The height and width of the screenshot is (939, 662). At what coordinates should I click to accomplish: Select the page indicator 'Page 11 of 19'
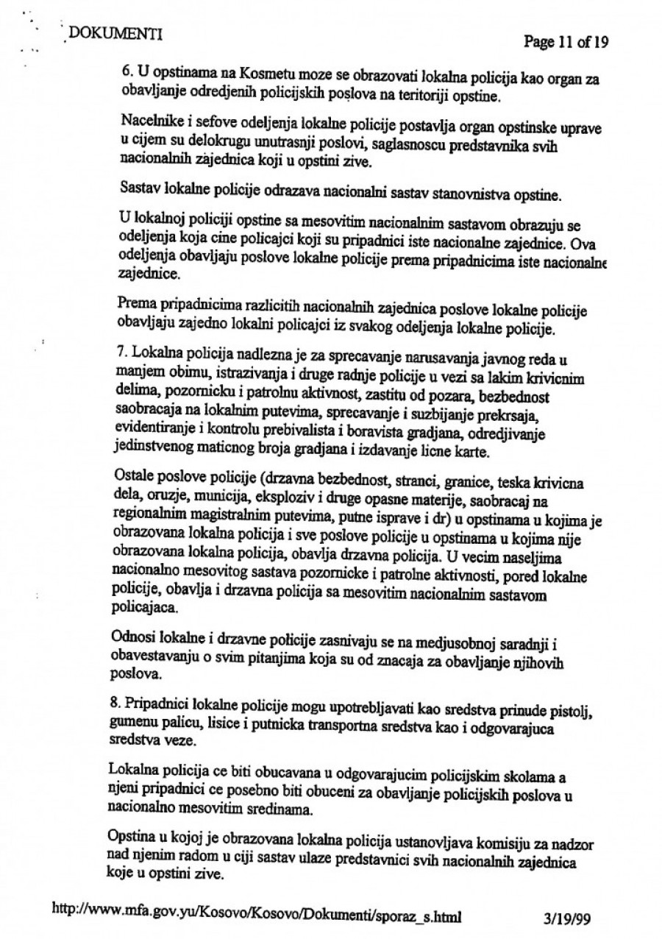click(566, 42)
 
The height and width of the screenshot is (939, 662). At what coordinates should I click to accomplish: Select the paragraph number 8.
click(113, 694)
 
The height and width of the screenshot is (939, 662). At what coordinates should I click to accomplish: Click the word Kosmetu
click(222, 74)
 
